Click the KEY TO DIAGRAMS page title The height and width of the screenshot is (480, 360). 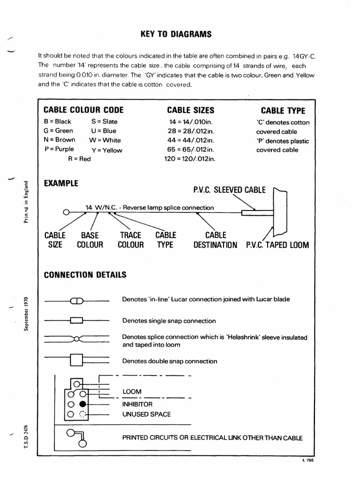pyautogui.click(x=176, y=34)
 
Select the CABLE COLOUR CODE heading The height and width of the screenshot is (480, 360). pyautogui.click(x=83, y=110)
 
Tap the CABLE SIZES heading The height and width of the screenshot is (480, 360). pyautogui.click(x=190, y=110)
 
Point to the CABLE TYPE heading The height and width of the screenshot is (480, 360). pyautogui.click(x=283, y=111)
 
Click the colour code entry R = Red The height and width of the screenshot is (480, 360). pyautogui.click(x=79, y=159)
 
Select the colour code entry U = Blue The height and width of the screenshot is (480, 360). pyautogui.click(x=104, y=131)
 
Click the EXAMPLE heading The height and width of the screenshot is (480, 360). pyautogui.click(x=61, y=183)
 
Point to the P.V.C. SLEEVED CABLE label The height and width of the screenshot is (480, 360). pyautogui.click(x=229, y=190)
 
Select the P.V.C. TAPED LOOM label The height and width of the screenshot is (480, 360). pyautogui.click(x=277, y=245)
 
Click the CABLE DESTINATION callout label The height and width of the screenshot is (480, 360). pyautogui.click(x=215, y=240)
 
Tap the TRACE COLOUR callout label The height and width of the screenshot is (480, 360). pyautogui.click(x=131, y=240)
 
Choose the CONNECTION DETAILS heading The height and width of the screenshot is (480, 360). pyautogui.click(x=85, y=275)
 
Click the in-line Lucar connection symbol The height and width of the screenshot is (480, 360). pyautogui.click(x=76, y=300)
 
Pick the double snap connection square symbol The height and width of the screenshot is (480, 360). pyautogui.click(x=76, y=360)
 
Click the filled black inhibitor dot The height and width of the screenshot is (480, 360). pyautogui.click(x=82, y=404)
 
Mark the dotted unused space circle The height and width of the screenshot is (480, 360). pyautogui.click(x=82, y=414)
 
